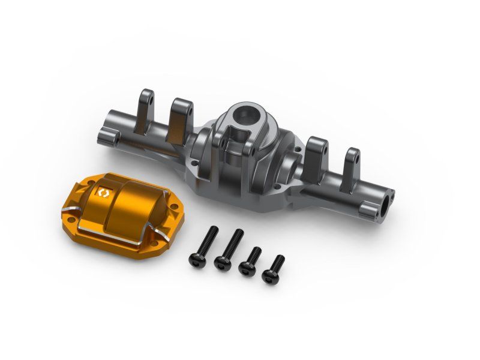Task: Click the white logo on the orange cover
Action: pyautogui.click(x=101, y=193)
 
